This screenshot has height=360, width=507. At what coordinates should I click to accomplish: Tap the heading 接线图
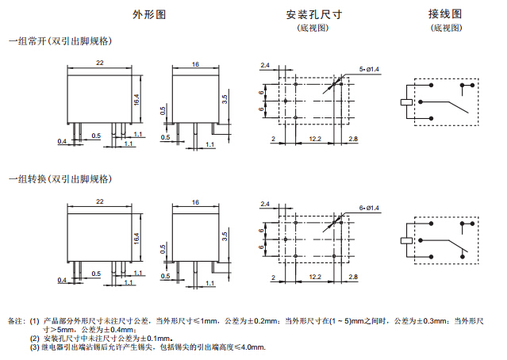coord(444,15)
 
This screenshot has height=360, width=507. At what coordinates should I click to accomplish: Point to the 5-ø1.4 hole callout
coord(370,70)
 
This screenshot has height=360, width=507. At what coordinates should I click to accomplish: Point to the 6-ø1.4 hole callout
coord(370,208)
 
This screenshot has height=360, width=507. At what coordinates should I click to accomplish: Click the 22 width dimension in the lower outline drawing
coord(100,203)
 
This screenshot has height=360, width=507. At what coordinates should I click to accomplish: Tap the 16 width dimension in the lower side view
coord(195,203)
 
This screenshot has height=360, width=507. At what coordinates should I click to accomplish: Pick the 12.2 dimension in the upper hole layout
coord(315,140)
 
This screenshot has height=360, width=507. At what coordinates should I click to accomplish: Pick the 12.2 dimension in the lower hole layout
coord(315,277)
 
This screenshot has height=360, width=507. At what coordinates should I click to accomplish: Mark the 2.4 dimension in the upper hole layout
coord(265,64)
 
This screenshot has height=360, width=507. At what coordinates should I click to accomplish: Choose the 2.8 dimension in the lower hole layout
coord(352,277)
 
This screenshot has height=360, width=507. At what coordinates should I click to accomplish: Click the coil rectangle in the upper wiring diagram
coord(407,102)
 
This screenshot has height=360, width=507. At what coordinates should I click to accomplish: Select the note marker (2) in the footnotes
coord(35,339)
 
